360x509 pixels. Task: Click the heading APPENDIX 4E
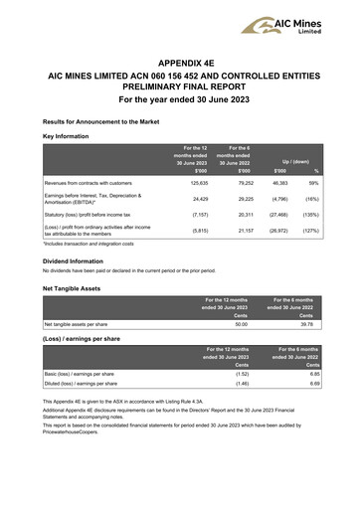pyautogui.click(x=180, y=59)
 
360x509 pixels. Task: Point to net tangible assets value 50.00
pyautogui.click(x=240, y=322)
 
